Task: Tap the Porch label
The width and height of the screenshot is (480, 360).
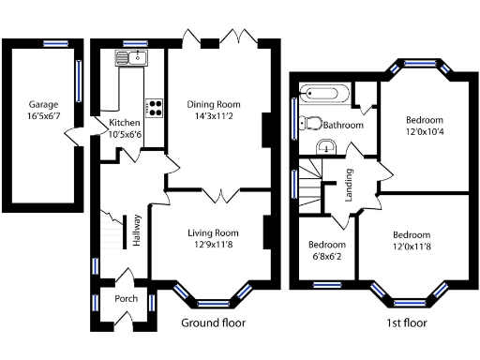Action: (x=126, y=299)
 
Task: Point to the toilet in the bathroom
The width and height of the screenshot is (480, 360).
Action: (x=311, y=122)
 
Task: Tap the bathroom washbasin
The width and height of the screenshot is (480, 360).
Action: (x=326, y=146)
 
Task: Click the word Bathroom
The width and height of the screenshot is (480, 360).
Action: (x=344, y=125)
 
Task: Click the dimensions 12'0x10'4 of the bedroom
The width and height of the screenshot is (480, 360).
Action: (x=424, y=132)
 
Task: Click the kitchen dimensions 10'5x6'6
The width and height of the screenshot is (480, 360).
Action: (x=126, y=134)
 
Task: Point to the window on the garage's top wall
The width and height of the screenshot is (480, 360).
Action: (x=55, y=42)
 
